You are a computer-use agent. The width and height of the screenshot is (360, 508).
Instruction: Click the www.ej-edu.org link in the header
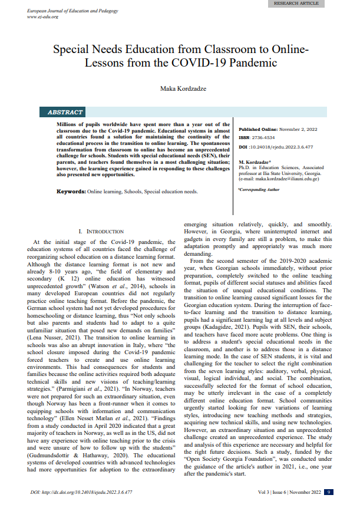coord(42,17)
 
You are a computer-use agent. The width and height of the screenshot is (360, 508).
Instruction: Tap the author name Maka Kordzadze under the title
coord(180,88)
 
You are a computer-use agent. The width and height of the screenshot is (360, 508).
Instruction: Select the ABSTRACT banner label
coord(65,112)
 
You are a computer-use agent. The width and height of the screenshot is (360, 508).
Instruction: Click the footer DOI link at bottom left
coord(80,491)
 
